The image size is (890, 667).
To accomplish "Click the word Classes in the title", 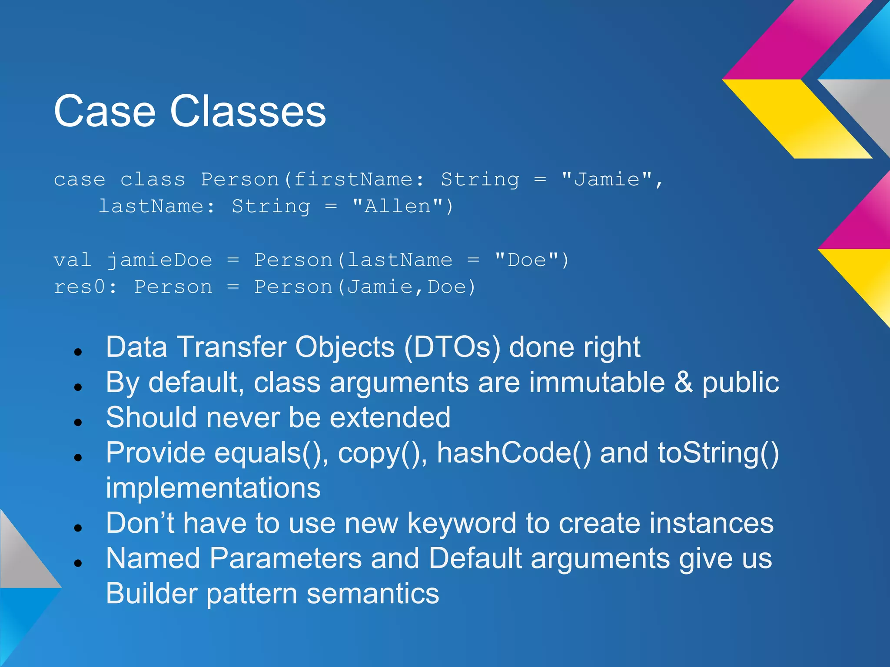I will tap(248, 112).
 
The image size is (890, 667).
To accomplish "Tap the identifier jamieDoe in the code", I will tap(159, 260).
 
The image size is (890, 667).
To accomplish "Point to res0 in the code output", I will tap(80, 287).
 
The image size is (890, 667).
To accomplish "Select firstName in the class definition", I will tap(353, 179).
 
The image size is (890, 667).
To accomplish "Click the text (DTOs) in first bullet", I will tap(452, 347).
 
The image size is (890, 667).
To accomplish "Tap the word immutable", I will tap(597, 383).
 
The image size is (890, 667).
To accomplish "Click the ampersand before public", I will tap(684, 383).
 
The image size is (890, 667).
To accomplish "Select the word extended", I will tap(390, 418).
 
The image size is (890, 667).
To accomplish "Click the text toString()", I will tap(718, 453).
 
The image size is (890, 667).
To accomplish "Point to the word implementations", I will tap(213, 488).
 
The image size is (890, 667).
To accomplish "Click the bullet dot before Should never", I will tap(78, 422).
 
